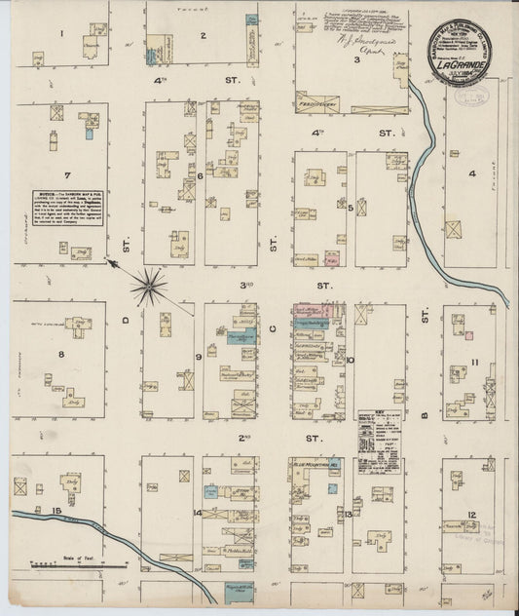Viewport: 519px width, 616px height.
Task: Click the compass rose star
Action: (150, 287)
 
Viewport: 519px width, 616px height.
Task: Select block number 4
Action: (473, 175)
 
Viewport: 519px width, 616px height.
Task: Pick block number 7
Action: (66, 175)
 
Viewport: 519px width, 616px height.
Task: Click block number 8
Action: (60, 355)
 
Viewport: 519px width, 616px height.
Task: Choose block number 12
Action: (471, 514)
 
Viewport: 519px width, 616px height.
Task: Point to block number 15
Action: (58, 511)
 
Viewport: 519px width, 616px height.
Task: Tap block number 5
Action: (350, 207)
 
